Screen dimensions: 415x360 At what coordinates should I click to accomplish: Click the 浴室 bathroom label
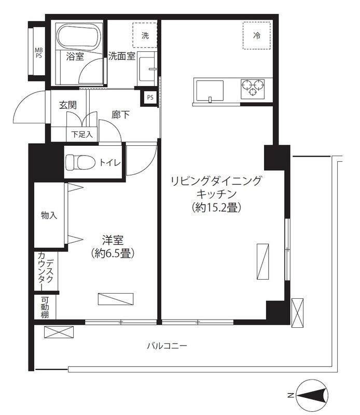click(75, 57)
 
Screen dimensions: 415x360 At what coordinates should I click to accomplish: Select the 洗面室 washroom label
click(121, 57)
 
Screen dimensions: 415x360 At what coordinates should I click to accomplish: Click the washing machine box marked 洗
click(145, 36)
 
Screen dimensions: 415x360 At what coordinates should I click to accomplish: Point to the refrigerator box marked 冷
click(256, 36)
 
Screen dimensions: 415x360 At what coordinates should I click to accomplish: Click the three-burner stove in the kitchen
click(253, 88)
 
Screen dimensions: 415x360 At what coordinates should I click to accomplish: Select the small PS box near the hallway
click(150, 97)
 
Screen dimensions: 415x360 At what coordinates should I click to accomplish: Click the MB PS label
click(38, 53)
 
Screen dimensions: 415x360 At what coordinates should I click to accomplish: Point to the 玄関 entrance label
click(68, 105)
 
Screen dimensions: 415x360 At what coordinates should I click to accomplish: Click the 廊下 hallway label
click(121, 115)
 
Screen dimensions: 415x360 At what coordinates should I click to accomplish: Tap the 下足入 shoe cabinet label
click(81, 134)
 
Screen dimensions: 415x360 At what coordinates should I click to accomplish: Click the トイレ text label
click(110, 163)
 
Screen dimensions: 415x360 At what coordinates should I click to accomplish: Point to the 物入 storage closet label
click(49, 215)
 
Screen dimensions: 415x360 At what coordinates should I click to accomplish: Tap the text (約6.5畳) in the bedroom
click(113, 254)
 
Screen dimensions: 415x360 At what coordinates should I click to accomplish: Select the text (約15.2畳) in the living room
click(216, 208)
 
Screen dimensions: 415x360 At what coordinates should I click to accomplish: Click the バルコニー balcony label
click(167, 346)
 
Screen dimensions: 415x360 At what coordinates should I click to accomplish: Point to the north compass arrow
click(311, 395)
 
